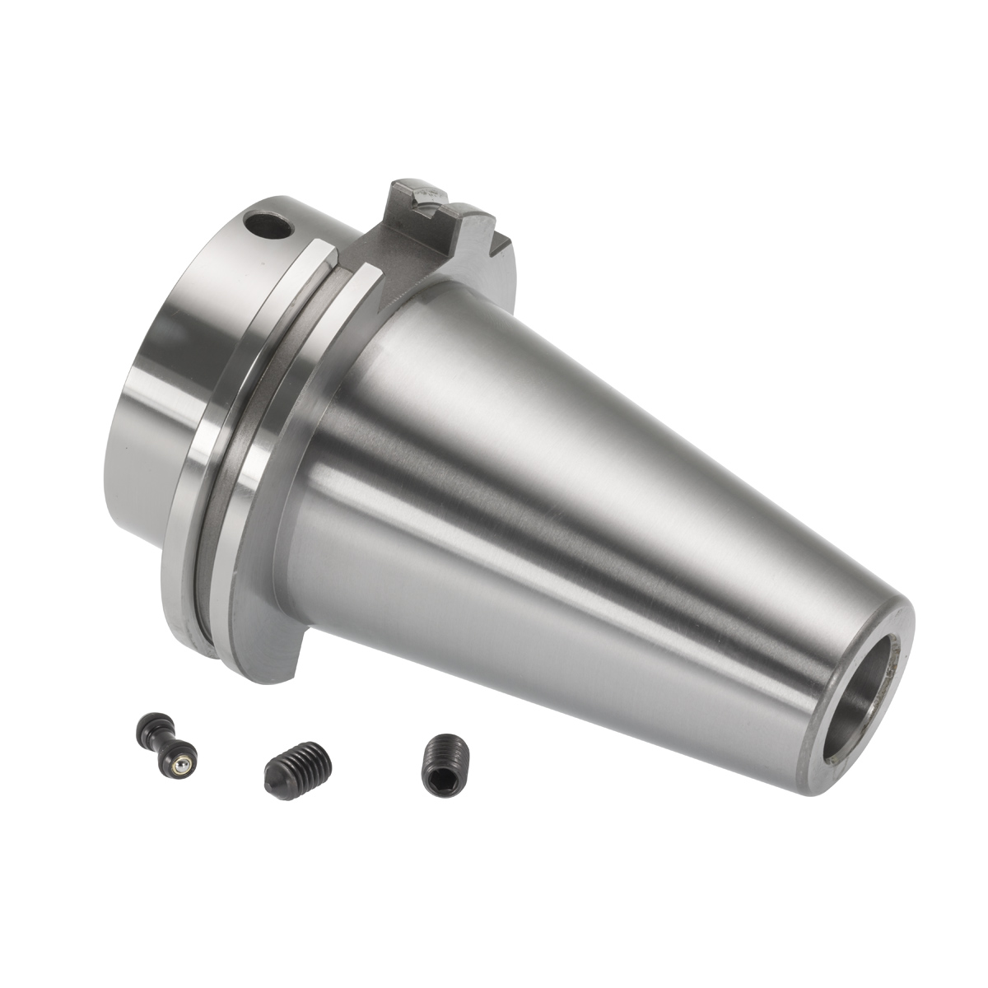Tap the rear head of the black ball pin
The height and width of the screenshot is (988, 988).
point(147,725)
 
